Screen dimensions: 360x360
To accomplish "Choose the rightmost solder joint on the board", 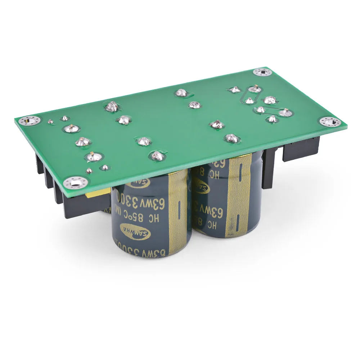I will (x=285, y=113).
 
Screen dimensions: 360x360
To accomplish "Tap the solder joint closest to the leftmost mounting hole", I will (x=51, y=122).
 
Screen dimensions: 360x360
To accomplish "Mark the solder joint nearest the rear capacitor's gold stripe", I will (x=232, y=138).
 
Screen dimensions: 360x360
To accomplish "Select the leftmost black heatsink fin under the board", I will (x=39, y=164).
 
